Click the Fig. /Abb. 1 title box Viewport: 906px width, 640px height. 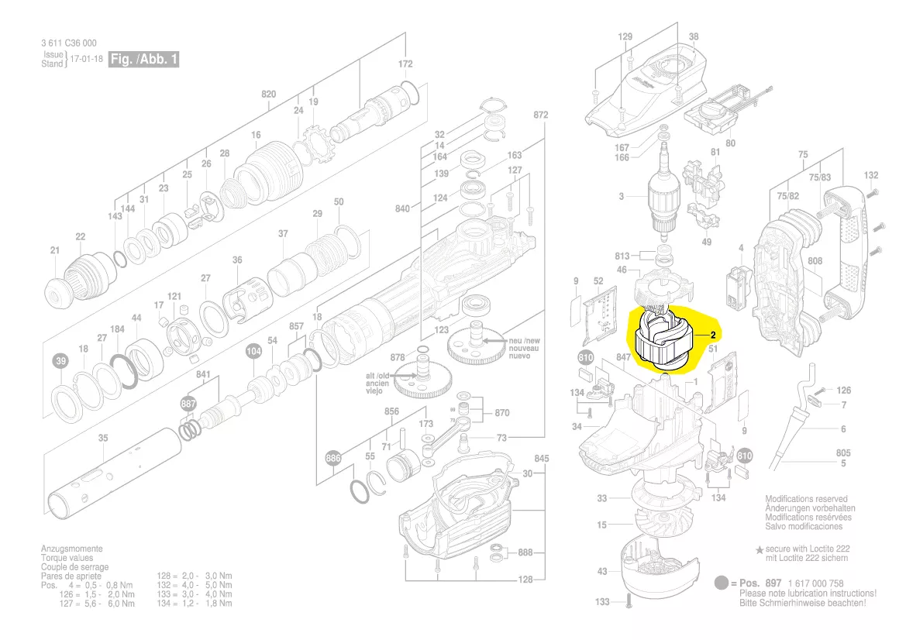(x=143, y=60)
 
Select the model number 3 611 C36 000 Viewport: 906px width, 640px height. (x=69, y=43)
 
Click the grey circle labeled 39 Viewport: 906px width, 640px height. (x=60, y=361)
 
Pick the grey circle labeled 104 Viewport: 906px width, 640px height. (x=253, y=351)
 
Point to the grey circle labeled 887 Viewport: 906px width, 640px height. (x=188, y=404)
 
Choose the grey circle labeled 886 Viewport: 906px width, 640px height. (x=333, y=458)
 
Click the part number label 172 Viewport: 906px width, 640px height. (x=405, y=64)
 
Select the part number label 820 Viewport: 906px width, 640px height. (x=268, y=95)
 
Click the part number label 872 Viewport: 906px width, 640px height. (x=540, y=115)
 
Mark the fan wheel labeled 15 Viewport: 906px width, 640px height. (x=647, y=526)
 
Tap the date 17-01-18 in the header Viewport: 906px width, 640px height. (x=86, y=60)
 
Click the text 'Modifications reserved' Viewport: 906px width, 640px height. (x=806, y=500)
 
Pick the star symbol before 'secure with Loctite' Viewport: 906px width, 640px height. (x=760, y=549)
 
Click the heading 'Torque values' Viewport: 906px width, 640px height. (x=67, y=558)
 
